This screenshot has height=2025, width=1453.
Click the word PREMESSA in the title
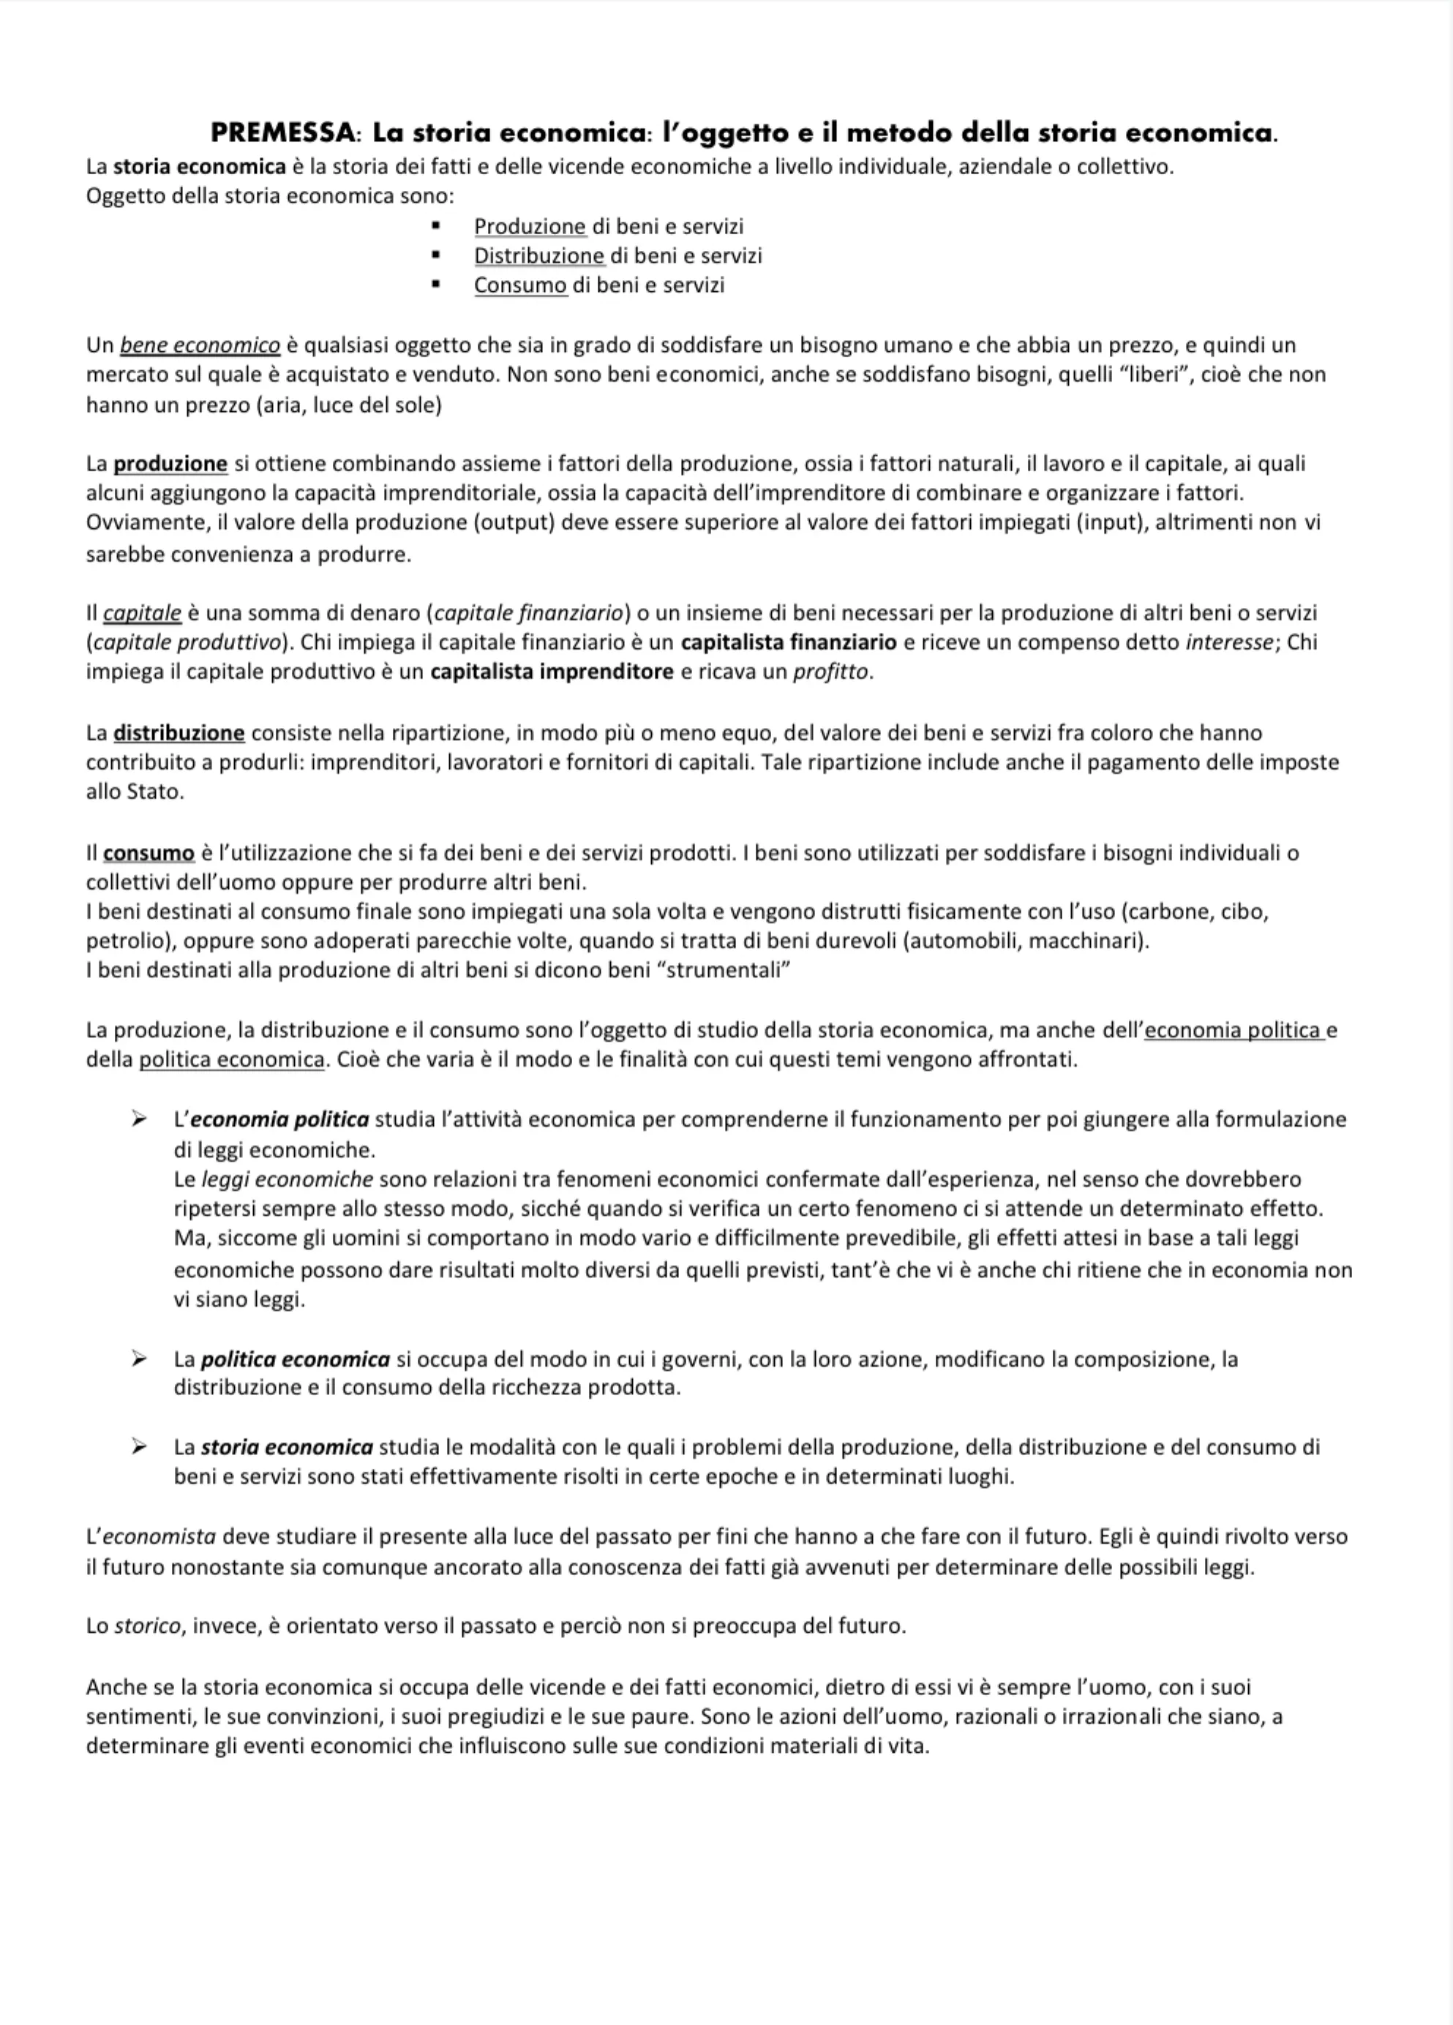(x=282, y=133)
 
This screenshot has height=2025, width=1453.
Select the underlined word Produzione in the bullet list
(x=530, y=227)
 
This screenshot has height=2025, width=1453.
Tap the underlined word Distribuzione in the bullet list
(x=538, y=256)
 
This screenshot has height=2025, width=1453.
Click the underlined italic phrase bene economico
(x=200, y=345)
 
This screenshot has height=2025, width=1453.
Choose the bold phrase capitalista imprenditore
(x=552, y=672)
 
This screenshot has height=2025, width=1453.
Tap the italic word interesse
(x=1228, y=643)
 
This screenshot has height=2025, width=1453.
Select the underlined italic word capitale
(x=143, y=613)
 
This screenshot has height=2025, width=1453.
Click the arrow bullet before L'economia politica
(x=138, y=1119)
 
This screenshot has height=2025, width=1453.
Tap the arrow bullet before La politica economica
(x=138, y=1359)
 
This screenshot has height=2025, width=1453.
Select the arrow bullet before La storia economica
(x=138, y=1446)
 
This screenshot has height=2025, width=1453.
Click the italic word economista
(x=159, y=1536)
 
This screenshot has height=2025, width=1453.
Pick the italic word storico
(x=147, y=1626)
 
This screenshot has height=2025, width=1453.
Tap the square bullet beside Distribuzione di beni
(x=436, y=256)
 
